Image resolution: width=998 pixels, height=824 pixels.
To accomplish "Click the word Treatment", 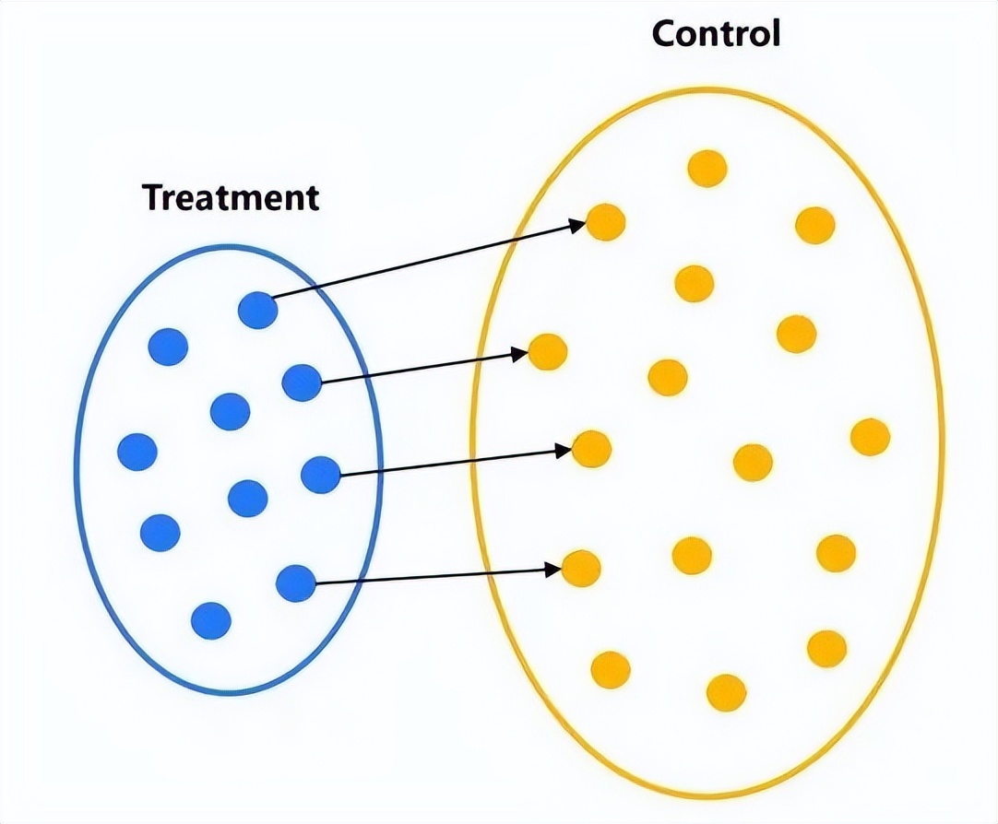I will pyautogui.click(x=231, y=197).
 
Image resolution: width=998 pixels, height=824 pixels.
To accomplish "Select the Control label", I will pyautogui.click(x=716, y=34).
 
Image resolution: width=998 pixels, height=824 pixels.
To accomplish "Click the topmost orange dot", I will pyautogui.click(x=707, y=169).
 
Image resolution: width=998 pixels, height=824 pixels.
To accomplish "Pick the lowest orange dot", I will pyautogui.click(x=725, y=693).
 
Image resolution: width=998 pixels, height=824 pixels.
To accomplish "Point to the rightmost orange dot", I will pyautogui.click(x=870, y=437).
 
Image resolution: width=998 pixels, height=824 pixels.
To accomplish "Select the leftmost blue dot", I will pyautogui.click(x=138, y=452).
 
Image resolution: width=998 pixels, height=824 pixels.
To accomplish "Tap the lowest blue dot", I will pyautogui.click(x=211, y=620).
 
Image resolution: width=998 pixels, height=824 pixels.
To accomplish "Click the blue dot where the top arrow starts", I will pyautogui.click(x=257, y=311).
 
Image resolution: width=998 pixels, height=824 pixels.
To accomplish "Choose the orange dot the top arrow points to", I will pyautogui.click(x=606, y=222).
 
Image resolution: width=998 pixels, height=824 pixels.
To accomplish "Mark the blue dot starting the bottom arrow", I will pyautogui.click(x=296, y=583).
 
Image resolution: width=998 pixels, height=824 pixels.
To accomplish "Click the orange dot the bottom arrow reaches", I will pyautogui.click(x=581, y=569).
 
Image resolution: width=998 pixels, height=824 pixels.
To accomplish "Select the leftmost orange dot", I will pyautogui.click(x=547, y=351).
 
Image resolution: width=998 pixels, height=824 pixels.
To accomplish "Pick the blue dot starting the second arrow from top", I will pyautogui.click(x=302, y=383).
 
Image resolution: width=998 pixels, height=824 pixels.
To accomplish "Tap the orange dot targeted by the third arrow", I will pyautogui.click(x=591, y=449).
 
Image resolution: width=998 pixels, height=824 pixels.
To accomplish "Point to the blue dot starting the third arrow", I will pyautogui.click(x=321, y=475).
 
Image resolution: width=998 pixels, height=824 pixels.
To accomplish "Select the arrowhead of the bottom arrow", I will pyautogui.click(x=554, y=570).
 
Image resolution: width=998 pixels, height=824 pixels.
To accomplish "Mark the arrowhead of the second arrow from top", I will pyautogui.click(x=519, y=353).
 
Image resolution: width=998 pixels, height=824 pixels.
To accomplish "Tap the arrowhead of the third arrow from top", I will pyautogui.click(x=564, y=451).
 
